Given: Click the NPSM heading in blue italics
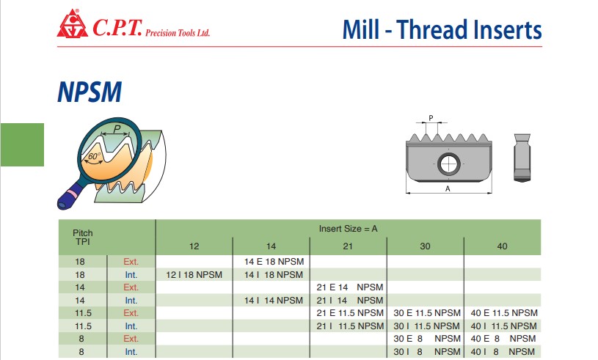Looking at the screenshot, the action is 90,92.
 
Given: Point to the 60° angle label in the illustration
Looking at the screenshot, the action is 94,156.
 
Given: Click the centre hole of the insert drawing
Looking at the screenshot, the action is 448,164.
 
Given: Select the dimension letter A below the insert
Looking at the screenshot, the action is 448,188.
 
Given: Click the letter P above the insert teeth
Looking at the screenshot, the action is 431,118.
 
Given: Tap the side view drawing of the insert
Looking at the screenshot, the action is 522,158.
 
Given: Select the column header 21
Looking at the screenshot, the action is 348,246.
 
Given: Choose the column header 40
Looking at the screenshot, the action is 503,246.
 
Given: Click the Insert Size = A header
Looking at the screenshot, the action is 349,229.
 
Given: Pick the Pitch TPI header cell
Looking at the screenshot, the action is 83,238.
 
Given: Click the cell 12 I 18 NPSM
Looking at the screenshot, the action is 194,275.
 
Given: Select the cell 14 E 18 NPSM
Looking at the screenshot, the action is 274,262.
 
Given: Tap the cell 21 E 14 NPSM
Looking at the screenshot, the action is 350,287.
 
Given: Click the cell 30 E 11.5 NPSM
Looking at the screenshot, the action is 427,313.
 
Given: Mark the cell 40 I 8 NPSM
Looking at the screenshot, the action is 503,352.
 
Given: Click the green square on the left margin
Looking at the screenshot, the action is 22,144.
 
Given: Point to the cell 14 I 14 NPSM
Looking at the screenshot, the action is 274,301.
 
